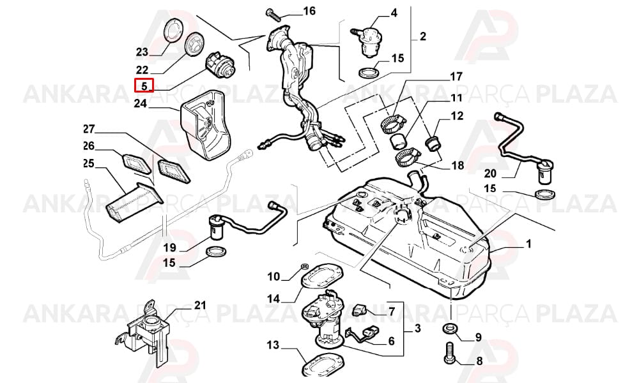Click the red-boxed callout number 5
(144, 86)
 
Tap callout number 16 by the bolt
(309, 11)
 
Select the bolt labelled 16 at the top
(274, 13)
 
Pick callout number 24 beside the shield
(140, 104)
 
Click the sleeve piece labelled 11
(397, 142)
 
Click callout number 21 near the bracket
(199, 305)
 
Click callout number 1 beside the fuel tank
(528, 244)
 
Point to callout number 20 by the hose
(490, 174)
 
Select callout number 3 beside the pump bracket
(417, 327)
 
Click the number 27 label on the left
(88, 130)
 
